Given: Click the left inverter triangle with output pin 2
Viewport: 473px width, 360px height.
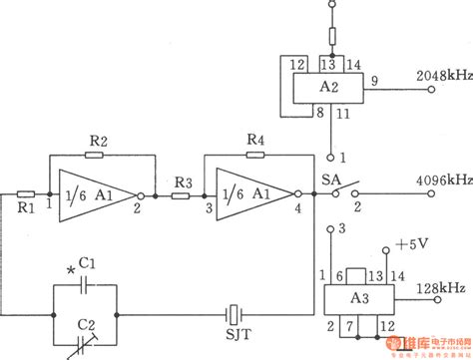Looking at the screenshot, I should tap(94, 195).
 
